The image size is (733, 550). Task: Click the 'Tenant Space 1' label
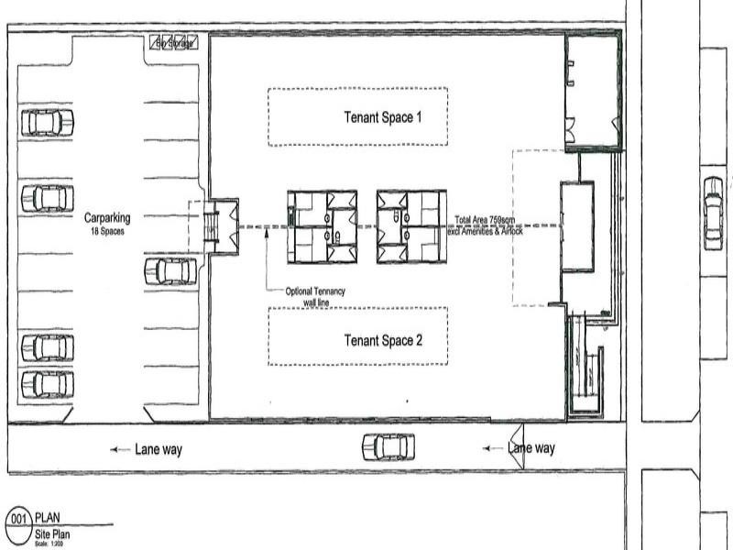pos(382,117)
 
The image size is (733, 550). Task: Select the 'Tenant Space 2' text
pos(382,340)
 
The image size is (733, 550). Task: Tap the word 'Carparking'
pos(107,218)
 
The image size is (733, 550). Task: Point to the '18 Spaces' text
pos(107,231)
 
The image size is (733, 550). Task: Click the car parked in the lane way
pos(387,446)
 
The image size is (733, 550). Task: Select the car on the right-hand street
pos(713,213)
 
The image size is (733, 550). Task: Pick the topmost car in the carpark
pos(48,122)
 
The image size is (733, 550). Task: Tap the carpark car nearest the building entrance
pos(170,270)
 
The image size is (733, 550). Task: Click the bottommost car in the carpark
pos(48,384)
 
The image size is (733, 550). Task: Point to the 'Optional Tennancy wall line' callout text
pos(315,296)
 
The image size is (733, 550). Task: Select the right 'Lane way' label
pos(531,448)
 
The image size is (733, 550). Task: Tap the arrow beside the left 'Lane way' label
pos(119,449)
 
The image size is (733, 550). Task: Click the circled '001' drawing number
pos(18,519)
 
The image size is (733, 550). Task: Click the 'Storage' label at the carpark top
pos(174,43)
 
